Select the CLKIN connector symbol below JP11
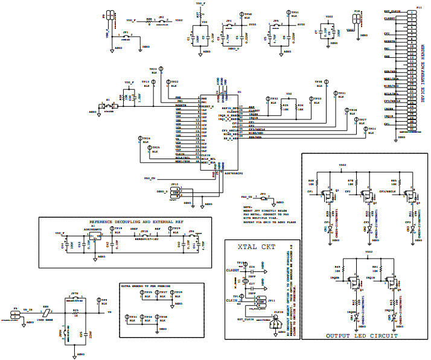pyautogui.click(x=277, y=324)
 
